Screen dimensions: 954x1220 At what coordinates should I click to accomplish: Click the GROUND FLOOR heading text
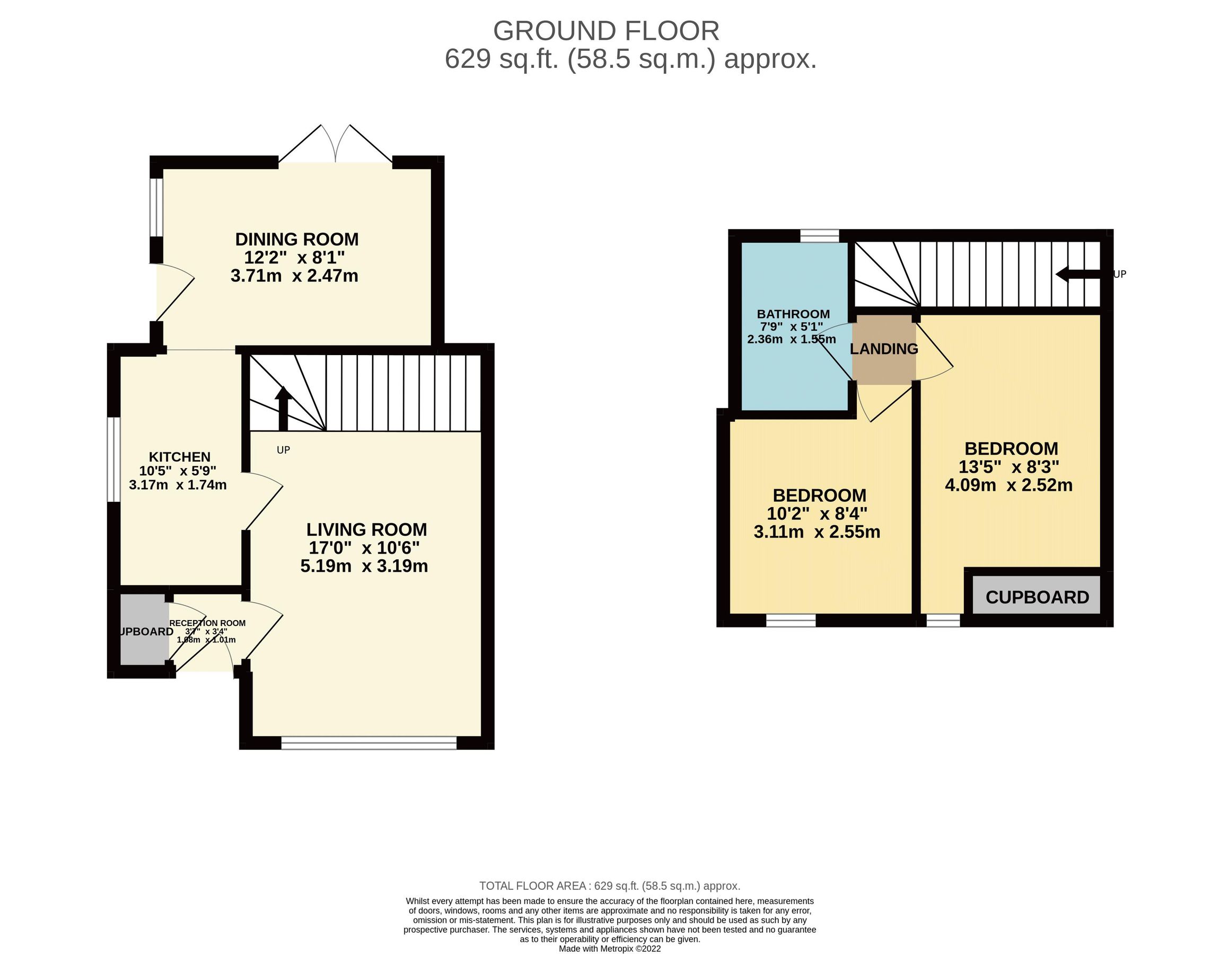(x=605, y=31)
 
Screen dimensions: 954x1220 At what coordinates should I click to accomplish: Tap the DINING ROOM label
(x=296, y=239)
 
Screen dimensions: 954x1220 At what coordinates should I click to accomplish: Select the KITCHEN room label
(x=179, y=457)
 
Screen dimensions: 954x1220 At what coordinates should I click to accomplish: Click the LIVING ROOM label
(x=366, y=529)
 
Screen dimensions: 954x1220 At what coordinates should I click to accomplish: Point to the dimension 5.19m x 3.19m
(x=364, y=566)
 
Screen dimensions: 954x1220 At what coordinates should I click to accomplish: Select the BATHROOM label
(x=793, y=314)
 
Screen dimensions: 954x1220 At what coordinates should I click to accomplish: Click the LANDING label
(x=884, y=349)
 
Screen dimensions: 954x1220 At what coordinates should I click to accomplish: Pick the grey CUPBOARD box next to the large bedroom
(x=1037, y=597)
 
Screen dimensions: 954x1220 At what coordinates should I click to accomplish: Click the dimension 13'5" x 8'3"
(x=1009, y=466)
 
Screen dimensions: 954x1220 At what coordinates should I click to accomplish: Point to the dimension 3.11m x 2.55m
(x=817, y=532)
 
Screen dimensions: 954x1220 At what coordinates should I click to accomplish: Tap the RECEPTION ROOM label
(x=207, y=623)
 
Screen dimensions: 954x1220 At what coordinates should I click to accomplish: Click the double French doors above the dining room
(x=335, y=145)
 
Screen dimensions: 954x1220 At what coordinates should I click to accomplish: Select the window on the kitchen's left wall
(x=114, y=459)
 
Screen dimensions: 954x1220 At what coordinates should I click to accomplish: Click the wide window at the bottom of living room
(x=368, y=743)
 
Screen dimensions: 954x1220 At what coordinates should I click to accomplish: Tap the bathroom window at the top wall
(x=820, y=236)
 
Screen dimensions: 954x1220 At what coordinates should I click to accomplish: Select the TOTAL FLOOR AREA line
(x=609, y=886)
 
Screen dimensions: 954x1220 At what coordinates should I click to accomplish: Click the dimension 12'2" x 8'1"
(x=294, y=258)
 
